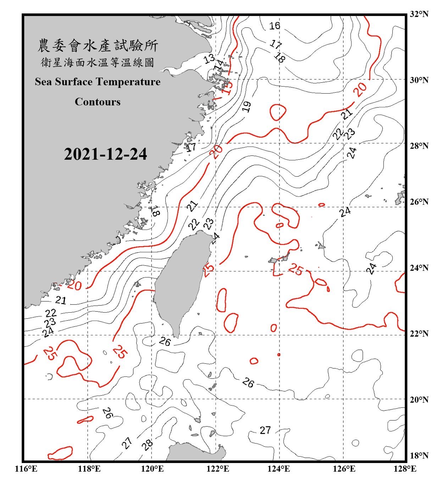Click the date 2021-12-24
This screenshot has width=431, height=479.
pos(105,154)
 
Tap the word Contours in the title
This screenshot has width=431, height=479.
pos(98,102)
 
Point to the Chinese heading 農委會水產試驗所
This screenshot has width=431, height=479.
pos(98,46)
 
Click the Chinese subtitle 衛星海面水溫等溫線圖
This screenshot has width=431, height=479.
pos(98,63)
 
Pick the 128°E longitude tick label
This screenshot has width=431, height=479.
pos(406,469)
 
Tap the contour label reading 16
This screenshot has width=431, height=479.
pos(274,26)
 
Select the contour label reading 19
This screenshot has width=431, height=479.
pos(247,106)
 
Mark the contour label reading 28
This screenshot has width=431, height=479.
pos(147,444)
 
